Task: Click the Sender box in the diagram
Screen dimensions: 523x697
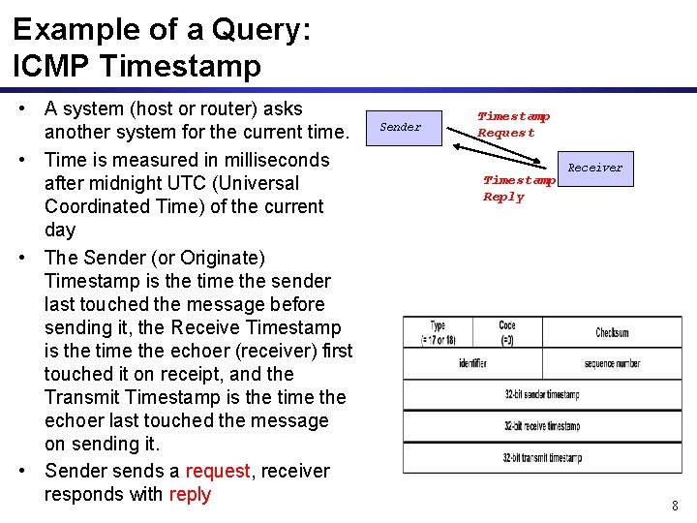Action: [x=401, y=127]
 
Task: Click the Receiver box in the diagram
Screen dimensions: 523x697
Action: [x=594, y=168]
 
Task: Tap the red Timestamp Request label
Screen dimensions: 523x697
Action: [x=513, y=124]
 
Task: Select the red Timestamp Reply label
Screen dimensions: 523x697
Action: [x=519, y=188]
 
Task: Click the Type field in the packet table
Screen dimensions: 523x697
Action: [x=439, y=332]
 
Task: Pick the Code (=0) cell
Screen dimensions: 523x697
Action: [x=508, y=332]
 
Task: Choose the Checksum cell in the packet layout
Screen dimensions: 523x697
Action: [x=612, y=332]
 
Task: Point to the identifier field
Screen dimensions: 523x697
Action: [x=472, y=363]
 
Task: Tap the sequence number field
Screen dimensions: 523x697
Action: [x=612, y=363]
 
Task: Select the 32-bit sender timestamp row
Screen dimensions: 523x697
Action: [x=542, y=395]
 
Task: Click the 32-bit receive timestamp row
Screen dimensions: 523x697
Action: [x=542, y=426]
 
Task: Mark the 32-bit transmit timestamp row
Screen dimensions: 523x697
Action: [x=542, y=457]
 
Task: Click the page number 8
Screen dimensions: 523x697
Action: [x=675, y=505]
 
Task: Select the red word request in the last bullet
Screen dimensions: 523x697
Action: [x=218, y=471]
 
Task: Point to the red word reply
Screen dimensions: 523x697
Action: [x=190, y=494]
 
